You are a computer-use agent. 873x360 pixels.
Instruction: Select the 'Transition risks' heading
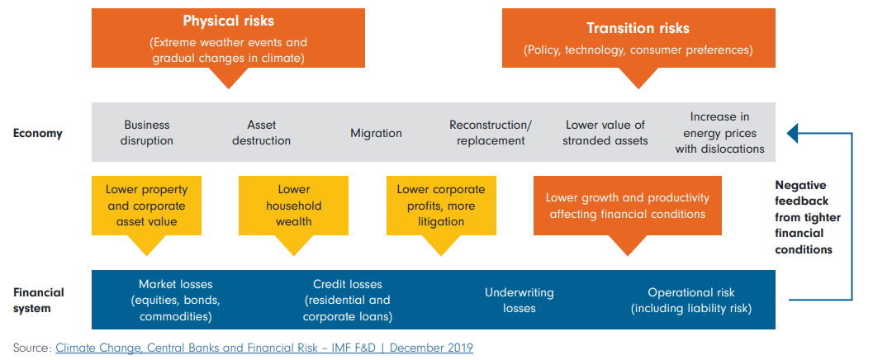pyautogui.click(x=638, y=27)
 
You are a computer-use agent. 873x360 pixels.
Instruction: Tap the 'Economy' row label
pyautogui.click(x=37, y=133)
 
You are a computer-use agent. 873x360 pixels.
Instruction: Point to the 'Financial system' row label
pyautogui.click(x=38, y=300)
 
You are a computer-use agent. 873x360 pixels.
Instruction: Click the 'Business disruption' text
pyautogui.click(x=147, y=133)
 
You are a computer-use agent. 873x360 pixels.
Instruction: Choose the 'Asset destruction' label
pyautogui.click(x=261, y=133)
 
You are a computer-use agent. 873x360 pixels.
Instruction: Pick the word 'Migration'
pyautogui.click(x=376, y=133)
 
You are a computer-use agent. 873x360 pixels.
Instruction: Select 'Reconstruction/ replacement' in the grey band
pyautogui.click(x=491, y=133)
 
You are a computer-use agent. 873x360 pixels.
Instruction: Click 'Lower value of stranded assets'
pyautogui.click(x=605, y=133)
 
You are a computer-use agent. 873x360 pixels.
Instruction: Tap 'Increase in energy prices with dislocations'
pyautogui.click(x=719, y=133)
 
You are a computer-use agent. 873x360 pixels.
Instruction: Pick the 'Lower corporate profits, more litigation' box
pyautogui.click(x=441, y=206)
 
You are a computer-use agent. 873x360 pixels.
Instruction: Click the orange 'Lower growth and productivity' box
pyautogui.click(x=627, y=206)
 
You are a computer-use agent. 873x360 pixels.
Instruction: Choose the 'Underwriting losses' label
pyautogui.click(x=519, y=301)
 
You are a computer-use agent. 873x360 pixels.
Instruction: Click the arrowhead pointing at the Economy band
pyautogui.click(x=792, y=132)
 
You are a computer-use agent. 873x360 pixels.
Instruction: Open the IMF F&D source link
pyautogui.click(x=264, y=348)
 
